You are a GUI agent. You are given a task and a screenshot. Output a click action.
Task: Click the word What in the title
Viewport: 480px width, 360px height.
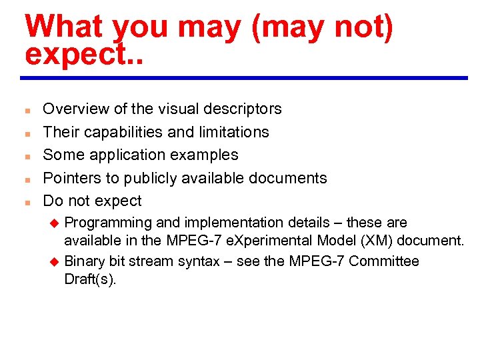click(63, 27)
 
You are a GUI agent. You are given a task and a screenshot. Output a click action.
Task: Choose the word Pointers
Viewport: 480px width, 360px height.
click(70, 178)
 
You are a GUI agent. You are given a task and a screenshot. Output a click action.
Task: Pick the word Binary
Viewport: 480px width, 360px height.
click(84, 261)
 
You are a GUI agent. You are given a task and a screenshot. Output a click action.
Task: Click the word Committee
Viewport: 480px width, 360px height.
click(383, 261)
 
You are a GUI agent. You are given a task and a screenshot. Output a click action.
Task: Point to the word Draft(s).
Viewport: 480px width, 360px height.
click(90, 279)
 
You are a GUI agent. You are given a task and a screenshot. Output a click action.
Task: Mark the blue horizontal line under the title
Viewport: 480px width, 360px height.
click(244, 78)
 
